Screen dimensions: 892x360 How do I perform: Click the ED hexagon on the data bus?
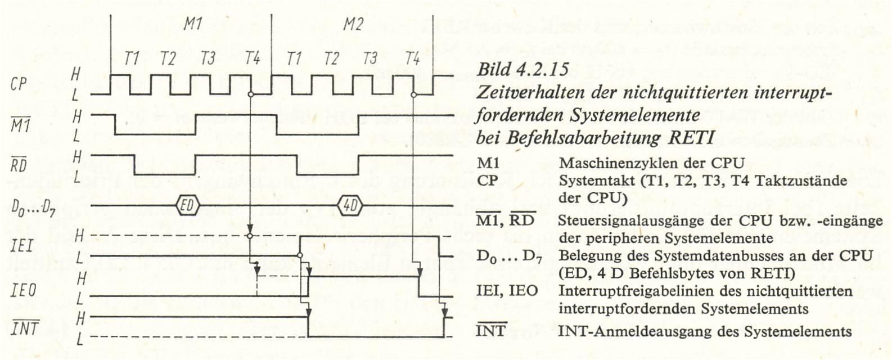187,205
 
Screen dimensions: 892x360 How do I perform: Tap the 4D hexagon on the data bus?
350,205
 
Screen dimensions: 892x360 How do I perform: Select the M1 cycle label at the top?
193,25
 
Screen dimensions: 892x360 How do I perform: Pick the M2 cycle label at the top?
354,25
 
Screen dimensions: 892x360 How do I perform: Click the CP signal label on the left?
19,84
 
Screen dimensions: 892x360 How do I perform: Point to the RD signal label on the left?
19,164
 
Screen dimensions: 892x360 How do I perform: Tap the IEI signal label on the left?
22,246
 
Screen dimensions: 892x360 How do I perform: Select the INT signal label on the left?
25,328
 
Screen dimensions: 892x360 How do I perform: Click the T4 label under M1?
253,58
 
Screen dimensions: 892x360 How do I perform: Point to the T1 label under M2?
294,58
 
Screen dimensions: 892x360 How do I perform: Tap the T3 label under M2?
370,58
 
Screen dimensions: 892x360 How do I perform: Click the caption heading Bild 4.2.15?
523,69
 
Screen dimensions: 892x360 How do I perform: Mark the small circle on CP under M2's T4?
413,94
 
